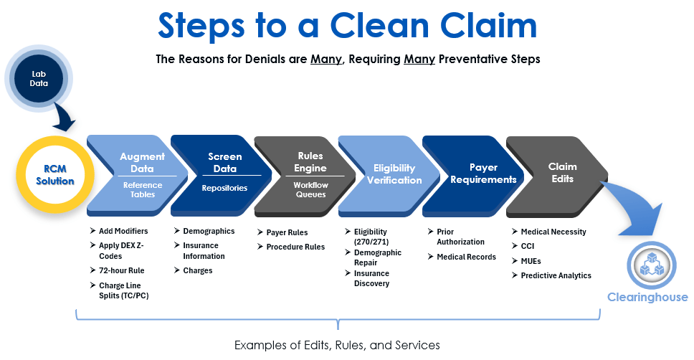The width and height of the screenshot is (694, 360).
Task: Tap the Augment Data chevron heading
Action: (142, 161)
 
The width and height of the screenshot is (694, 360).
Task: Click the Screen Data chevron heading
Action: (225, 161)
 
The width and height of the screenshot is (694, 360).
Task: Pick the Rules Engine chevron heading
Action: (310, 162)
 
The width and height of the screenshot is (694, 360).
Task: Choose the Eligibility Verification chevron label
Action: (394, 174)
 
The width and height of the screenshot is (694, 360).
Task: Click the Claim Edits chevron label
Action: (562, 172)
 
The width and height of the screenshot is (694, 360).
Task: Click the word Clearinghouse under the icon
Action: (648, 298)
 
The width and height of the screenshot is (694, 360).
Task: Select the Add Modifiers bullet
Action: (123, 231)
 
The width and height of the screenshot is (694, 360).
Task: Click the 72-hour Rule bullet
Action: (122, 270)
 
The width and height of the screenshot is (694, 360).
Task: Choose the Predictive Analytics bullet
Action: (556, 275)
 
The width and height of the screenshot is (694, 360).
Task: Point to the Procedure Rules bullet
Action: (295, 247)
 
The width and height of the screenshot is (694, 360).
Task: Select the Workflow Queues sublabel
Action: (310, 189)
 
